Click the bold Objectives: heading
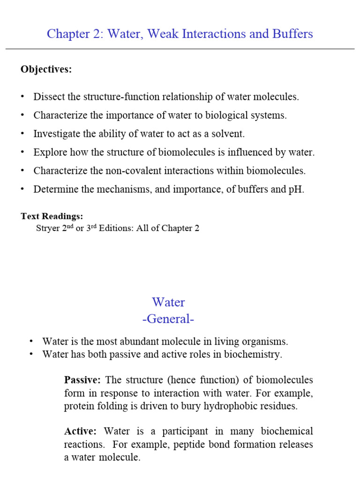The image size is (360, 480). (x=46, y=69)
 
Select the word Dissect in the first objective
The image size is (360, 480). (x=49, y=97)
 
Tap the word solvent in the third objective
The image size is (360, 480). (x=230, y=134)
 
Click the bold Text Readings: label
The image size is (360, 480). (x=52, y=216)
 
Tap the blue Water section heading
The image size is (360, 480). (x=168, y=302)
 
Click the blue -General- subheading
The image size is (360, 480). (x=168, y=319)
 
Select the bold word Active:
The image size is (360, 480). (x=80, y=431)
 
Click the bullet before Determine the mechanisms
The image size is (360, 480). (x=22, y=189)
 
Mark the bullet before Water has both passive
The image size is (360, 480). (x=31, y=354)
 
